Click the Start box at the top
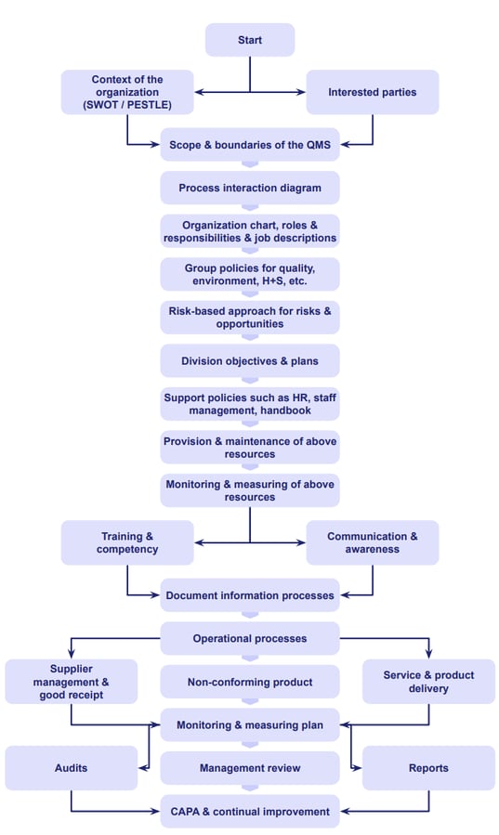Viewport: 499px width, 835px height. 249,40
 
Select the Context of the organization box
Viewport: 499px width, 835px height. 126,92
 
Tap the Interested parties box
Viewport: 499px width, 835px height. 372,92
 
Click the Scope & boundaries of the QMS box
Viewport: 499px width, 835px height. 249,145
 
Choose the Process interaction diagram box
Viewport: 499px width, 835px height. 249,188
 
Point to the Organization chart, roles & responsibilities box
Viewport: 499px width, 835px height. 249,231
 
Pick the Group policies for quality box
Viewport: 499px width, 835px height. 249,274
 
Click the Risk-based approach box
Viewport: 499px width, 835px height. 249,318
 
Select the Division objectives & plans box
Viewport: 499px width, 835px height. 249,360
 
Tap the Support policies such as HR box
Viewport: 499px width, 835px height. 249,404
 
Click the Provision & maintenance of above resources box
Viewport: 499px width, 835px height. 249,447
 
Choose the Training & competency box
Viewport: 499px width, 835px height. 126,542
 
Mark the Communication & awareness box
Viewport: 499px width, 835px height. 372,542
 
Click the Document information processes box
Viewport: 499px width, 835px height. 249,595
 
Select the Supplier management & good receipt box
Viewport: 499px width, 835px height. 71,682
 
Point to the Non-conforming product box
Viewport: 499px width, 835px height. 249,682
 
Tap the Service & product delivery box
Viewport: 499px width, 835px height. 427,682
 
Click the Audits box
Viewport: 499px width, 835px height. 71,768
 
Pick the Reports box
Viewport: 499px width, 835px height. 427,768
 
